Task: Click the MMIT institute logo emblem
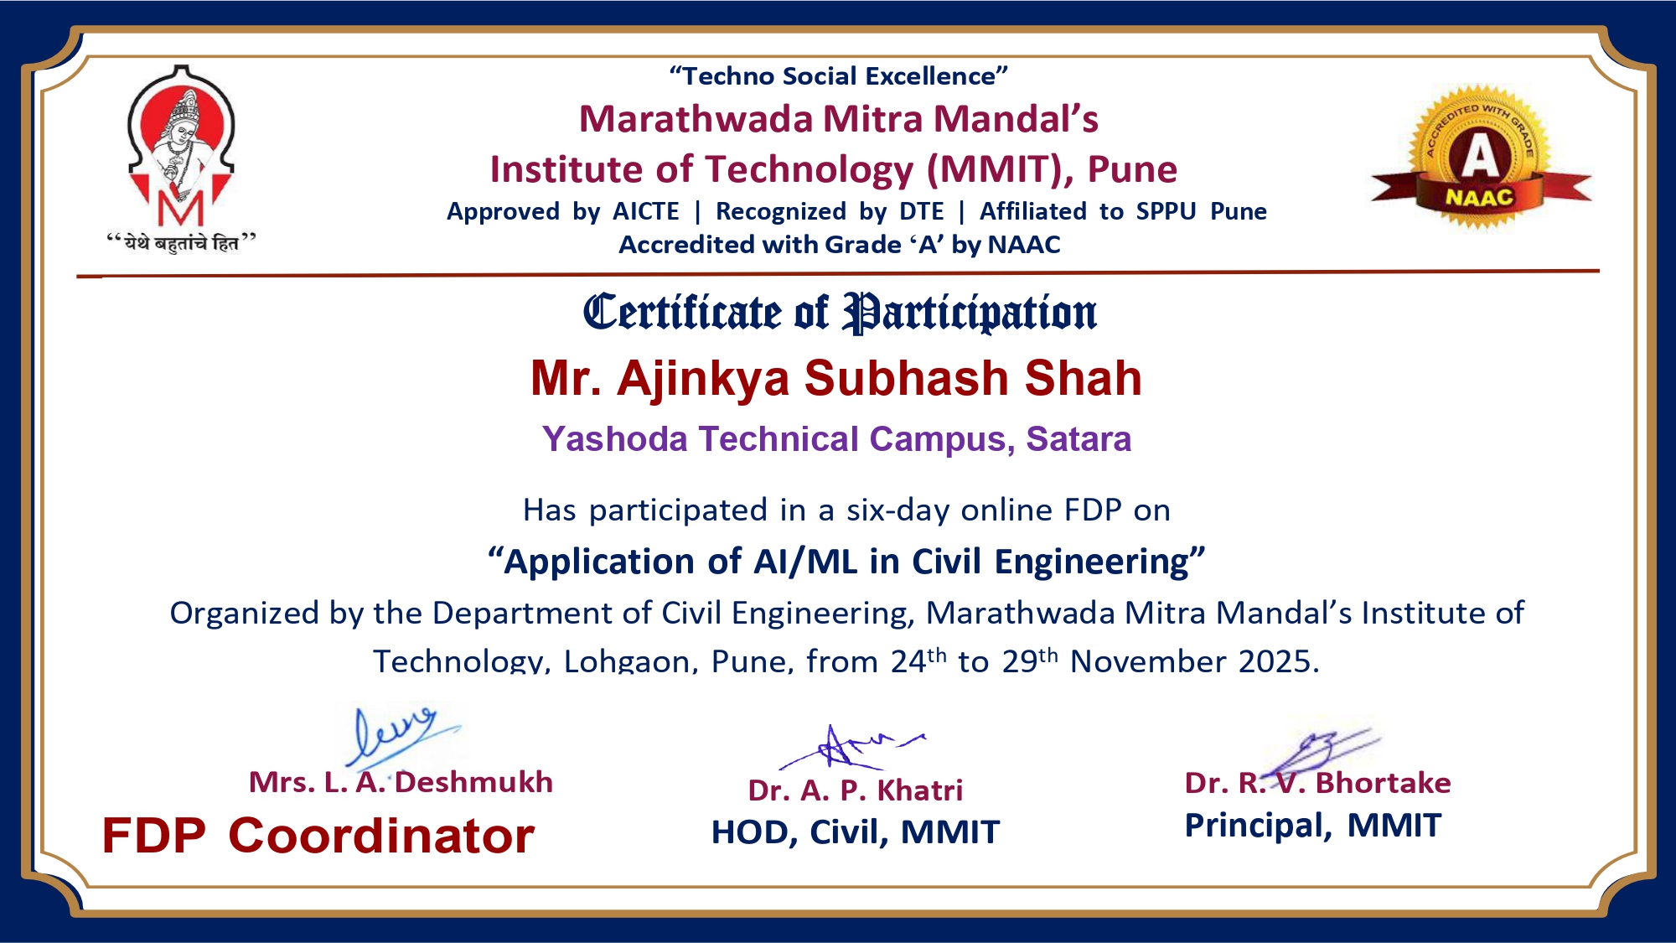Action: [x=181, y=147]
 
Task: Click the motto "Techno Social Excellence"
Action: [x=838, y=76]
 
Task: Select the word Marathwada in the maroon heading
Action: [x=696, y=119]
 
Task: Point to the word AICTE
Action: [x=646, y=211]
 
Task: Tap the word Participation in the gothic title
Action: [x=970, y=313]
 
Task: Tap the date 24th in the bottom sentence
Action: [x=918, y=661]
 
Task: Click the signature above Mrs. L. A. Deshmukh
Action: [x=401, y=735]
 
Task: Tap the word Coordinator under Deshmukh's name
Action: [x=381, y=836]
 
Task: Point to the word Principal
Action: [x=1258, y=826]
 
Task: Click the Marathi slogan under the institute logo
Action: [x=181, y=243]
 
